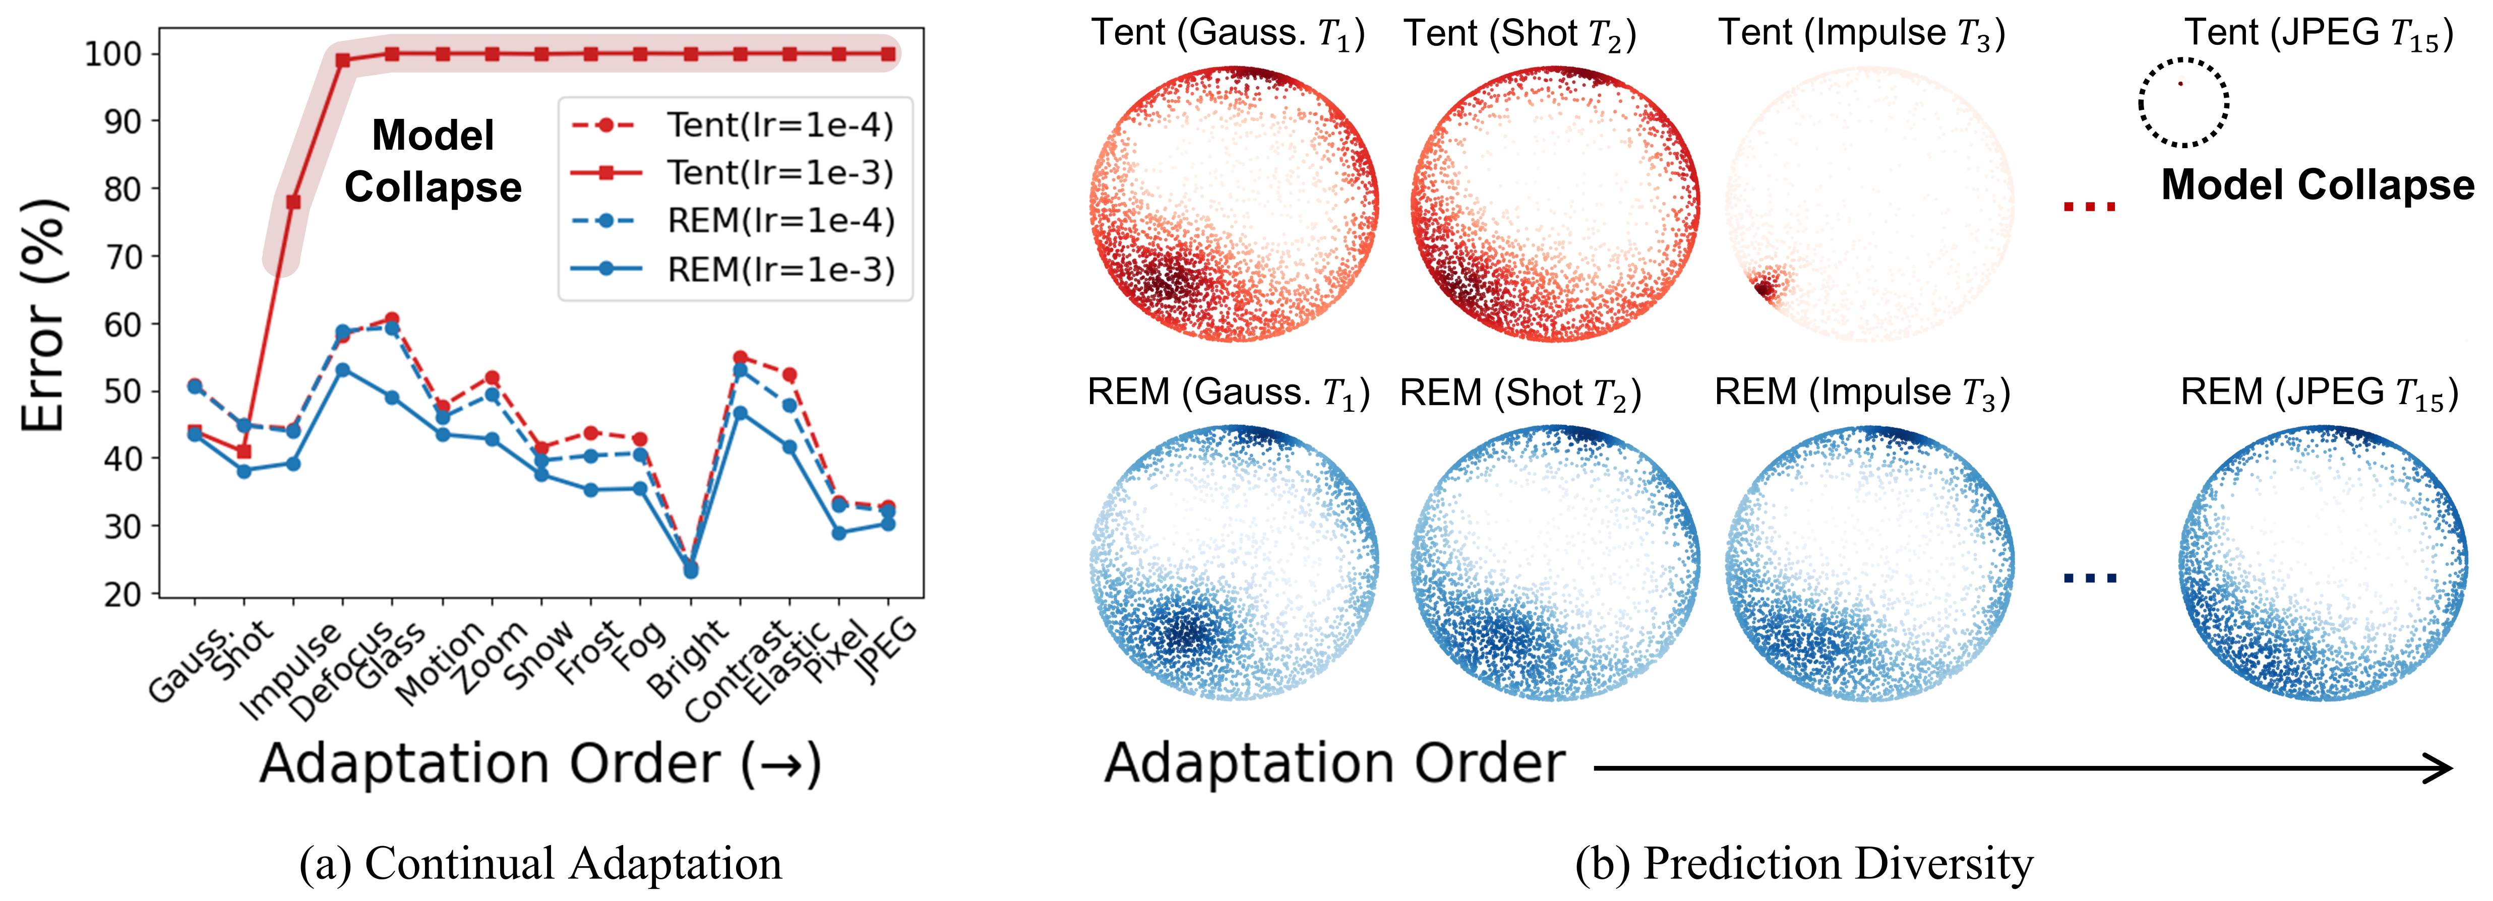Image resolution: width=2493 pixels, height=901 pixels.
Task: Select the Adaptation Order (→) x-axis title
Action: click(x=540, y=764)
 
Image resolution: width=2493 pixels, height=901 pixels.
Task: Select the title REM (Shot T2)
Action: click(x=1521, y=393)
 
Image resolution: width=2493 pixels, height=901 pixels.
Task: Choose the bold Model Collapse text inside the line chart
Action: click(x=433, y=161)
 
